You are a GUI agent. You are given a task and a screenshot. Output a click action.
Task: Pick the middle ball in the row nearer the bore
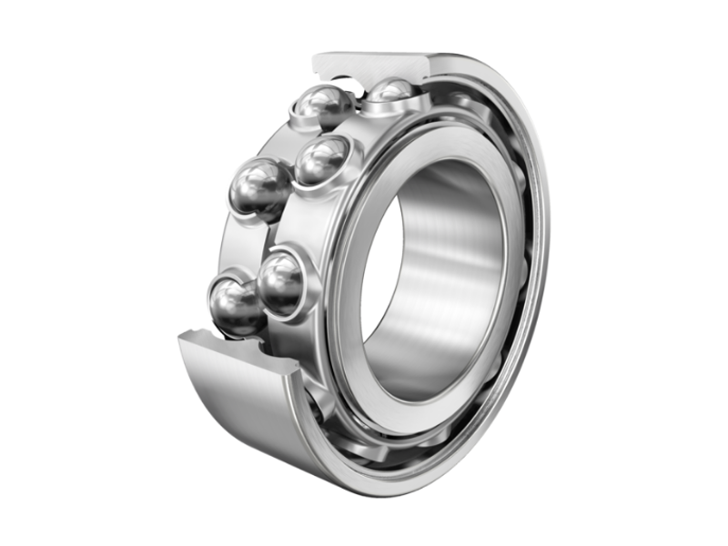320,162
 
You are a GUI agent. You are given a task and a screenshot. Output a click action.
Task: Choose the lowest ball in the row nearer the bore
282,282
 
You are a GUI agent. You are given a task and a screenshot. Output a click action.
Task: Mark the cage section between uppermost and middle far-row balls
291,146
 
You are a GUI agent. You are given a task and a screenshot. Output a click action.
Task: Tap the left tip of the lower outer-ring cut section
182,339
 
